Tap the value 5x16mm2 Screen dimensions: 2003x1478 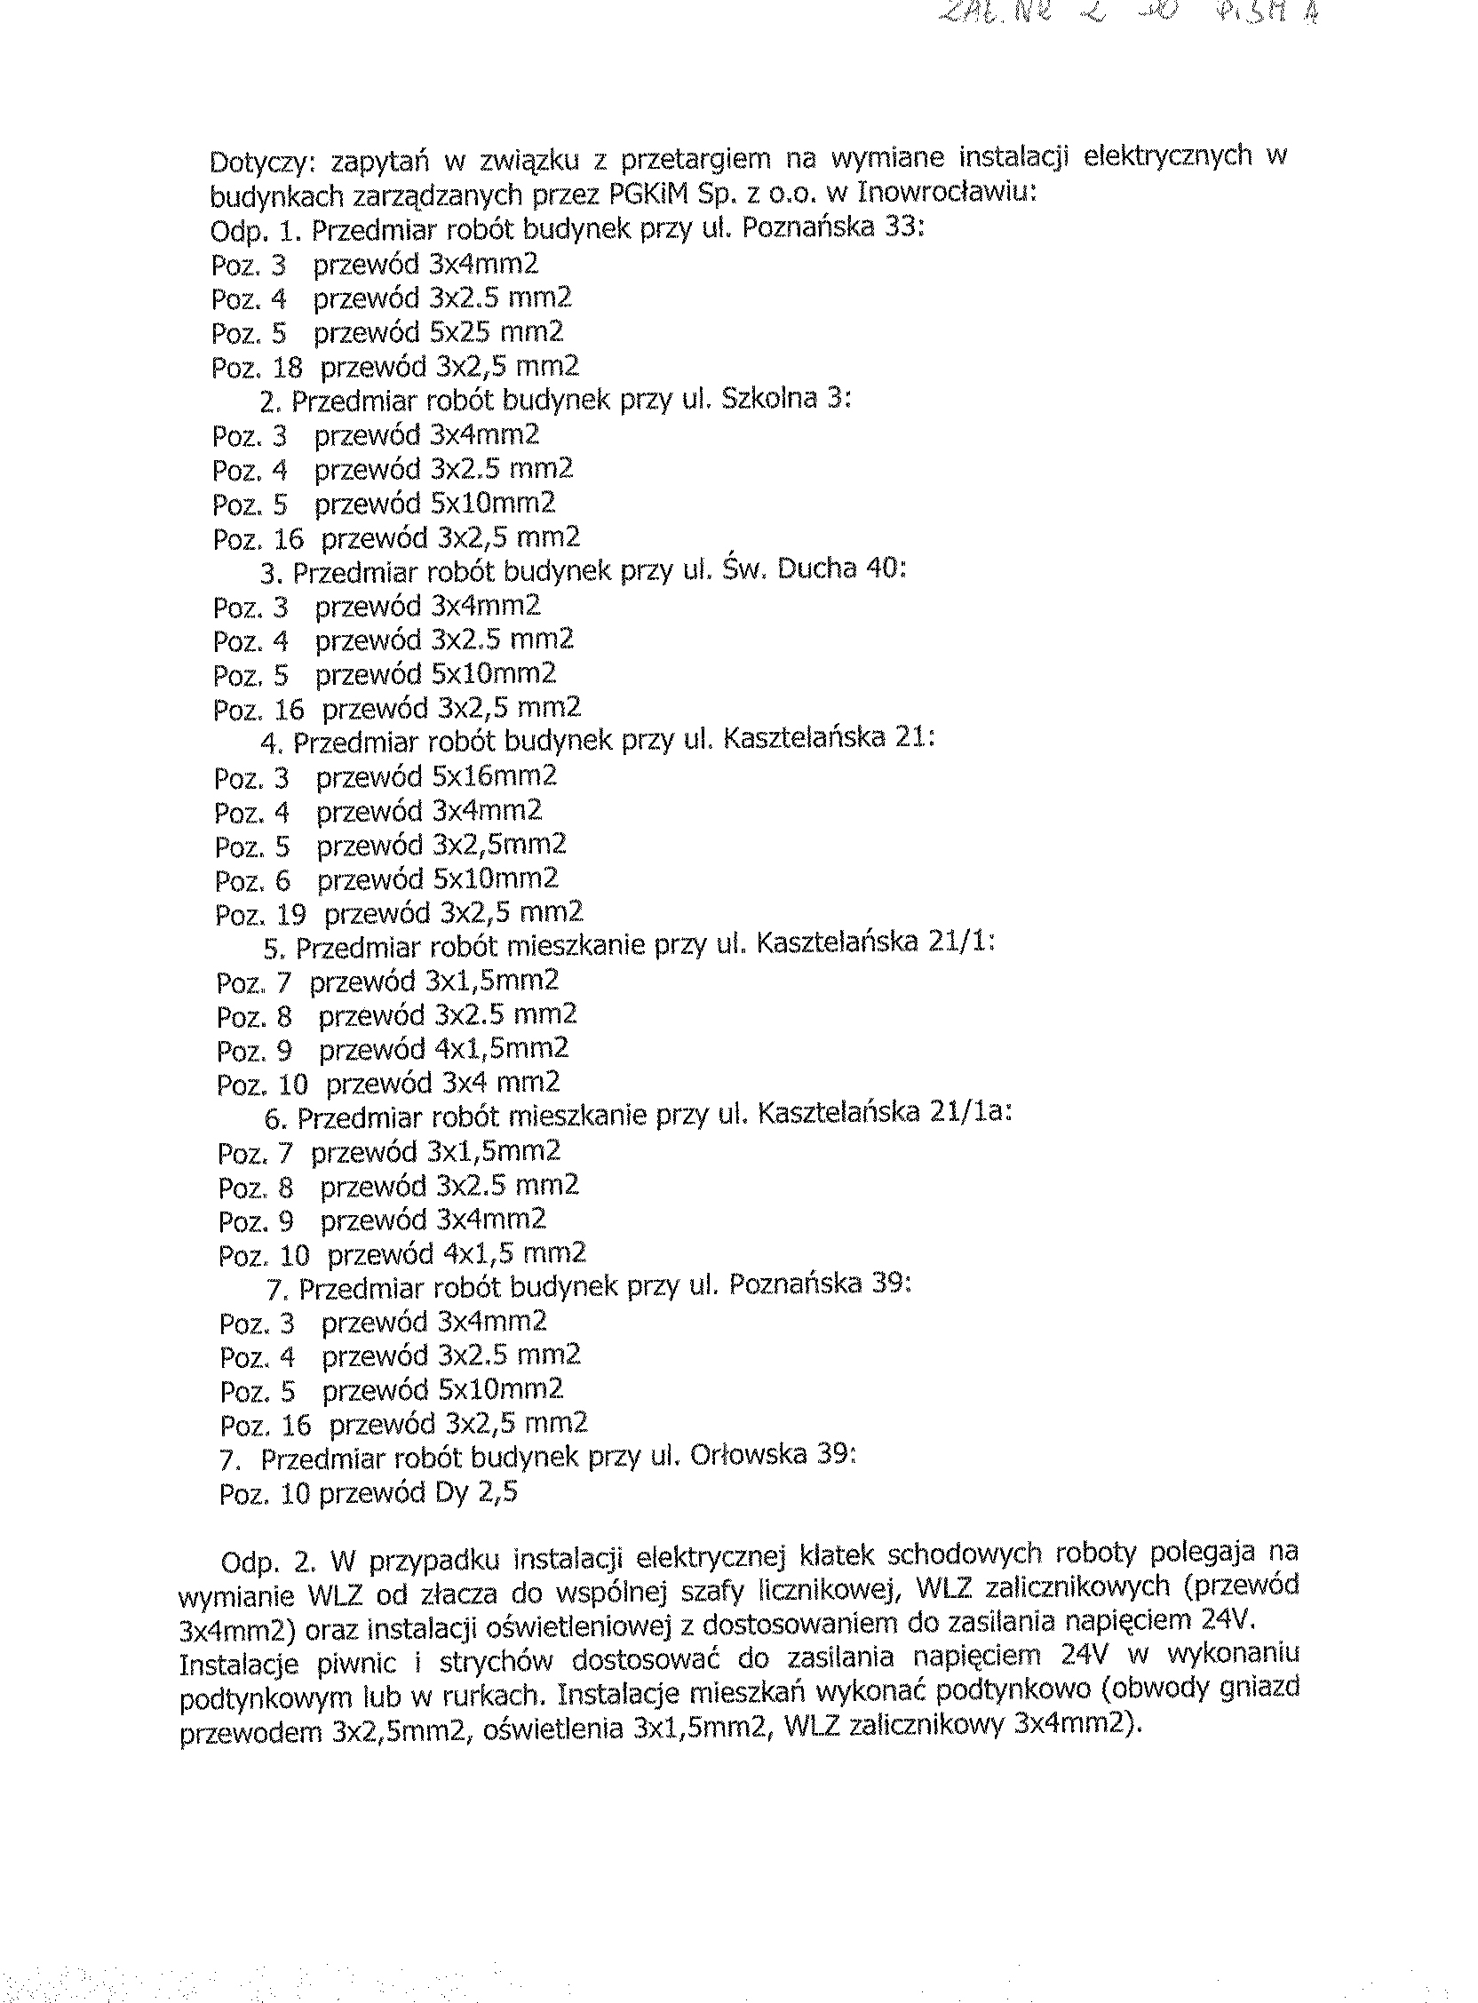click(x=495, y=775)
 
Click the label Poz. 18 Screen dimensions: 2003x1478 click(x=257, y=368)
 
